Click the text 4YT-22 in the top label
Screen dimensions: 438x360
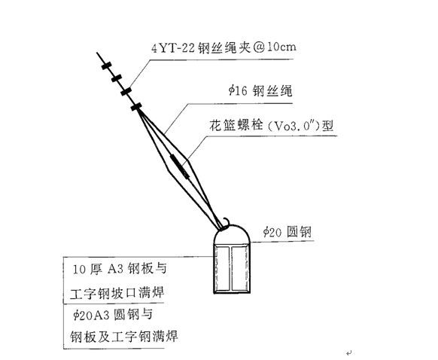[173, 48]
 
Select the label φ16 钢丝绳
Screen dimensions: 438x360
[260, 91]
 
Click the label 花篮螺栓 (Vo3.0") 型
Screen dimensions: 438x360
[272, 126]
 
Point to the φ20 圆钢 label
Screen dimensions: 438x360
[287, 232]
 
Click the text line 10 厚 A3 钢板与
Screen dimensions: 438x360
[119, 269]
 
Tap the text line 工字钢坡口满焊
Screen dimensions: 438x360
[117, 293]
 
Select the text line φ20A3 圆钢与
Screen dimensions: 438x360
[113, 315]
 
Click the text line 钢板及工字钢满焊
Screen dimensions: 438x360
[123, 336]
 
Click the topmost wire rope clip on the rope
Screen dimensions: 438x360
[106, 66]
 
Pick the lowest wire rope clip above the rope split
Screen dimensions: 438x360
[136, 106]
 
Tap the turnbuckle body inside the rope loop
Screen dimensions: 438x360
[180, 166]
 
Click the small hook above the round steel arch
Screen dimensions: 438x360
[225, 223]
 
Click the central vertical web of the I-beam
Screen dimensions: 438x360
[231, 268]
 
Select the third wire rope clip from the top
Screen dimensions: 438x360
[126, 91]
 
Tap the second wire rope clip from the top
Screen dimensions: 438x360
[117, 78]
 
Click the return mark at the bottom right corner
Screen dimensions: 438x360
[348, 352]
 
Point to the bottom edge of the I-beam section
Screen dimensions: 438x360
[232, 292]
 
